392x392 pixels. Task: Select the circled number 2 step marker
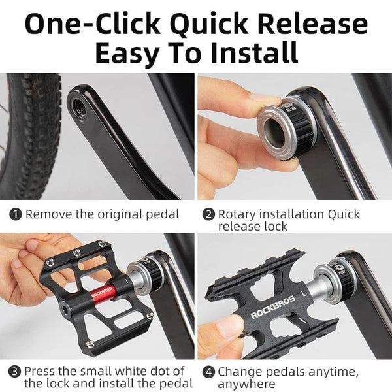[x=208, y=214]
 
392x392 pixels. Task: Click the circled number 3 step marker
[x=15, y=372]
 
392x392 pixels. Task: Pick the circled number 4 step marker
[x=208, y=372]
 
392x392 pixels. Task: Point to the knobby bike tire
[x=29, y=131]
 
